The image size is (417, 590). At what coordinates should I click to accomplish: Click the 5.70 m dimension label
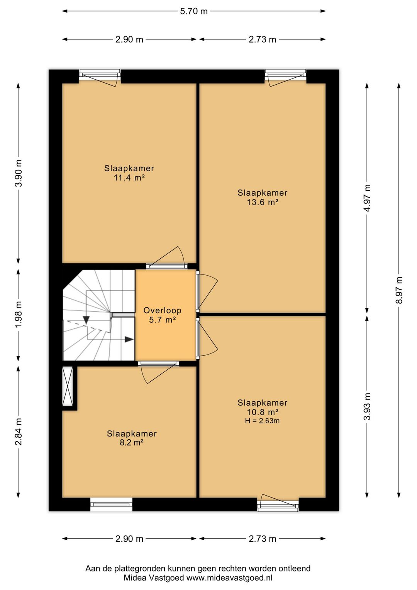coord(194,11)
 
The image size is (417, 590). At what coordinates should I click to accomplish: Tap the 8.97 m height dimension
coord(399,290)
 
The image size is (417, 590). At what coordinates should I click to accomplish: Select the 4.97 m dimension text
coord(367,198)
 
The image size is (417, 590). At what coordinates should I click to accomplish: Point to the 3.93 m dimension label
coord(367,406)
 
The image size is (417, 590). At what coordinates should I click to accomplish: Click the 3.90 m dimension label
coord(19,173)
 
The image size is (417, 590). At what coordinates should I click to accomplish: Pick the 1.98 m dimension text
coord(19,314)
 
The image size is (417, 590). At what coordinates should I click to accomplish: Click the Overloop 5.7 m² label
coord(162,315)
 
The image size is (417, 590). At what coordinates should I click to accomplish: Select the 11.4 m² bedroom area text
coord(129,177)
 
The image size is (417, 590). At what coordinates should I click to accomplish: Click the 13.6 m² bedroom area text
coord(263,202)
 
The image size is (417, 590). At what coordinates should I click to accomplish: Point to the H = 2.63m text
coord(262,421)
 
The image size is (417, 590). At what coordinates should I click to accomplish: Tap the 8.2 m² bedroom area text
coord(132,442)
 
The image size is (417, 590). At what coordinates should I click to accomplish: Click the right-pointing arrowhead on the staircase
coord(129,339)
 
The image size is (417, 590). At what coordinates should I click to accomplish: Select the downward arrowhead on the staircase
coord(86,320)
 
